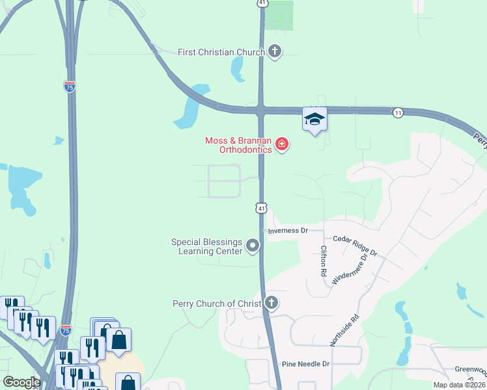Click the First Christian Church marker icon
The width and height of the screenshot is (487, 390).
[275, 51]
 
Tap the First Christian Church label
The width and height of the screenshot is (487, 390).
[221, 52]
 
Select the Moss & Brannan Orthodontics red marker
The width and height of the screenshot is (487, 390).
[282, 144]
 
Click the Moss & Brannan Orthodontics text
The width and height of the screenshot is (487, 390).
[238, 145]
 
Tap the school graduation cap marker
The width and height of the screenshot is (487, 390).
[314, 119]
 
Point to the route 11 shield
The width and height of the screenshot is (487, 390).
[397, 112]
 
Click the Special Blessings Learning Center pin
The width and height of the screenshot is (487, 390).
[253, 246]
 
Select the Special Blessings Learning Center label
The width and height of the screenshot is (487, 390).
[206, 246]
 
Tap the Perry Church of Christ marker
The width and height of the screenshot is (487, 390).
[271, 303]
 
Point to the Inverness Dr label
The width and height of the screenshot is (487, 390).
[286, 231]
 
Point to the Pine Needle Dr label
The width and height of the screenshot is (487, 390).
[306, 365]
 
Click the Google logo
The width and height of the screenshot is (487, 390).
[21, 382]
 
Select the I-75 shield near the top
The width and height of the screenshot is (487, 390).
[70, 86]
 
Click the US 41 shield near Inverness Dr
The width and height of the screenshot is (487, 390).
[260, 208]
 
